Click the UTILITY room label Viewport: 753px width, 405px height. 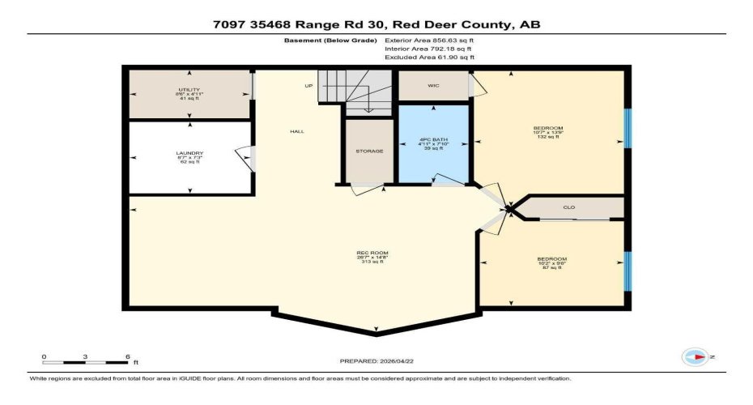pyautogui.click(x=189, y=89)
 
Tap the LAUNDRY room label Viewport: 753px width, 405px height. pyautogui.click(x=189, y=152)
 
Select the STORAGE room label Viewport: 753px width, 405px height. pyautogui.click(x=368, y=151)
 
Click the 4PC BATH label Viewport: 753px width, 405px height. pyautogui.click(x=434, y=139)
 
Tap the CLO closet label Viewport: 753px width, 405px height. pyautogui.click(x=568, y=208)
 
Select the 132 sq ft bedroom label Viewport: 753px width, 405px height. pyautogui.click(x=547, y=128)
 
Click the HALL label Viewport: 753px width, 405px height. pyautogui.click(x=297, y=132)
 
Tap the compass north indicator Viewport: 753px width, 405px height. pyautogui.click(x=697, y=356)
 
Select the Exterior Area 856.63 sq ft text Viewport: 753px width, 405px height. pyautogui.click(x=429, y=38)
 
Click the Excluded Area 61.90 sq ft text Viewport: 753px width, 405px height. pyautogui.click(x=429, y=58)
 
